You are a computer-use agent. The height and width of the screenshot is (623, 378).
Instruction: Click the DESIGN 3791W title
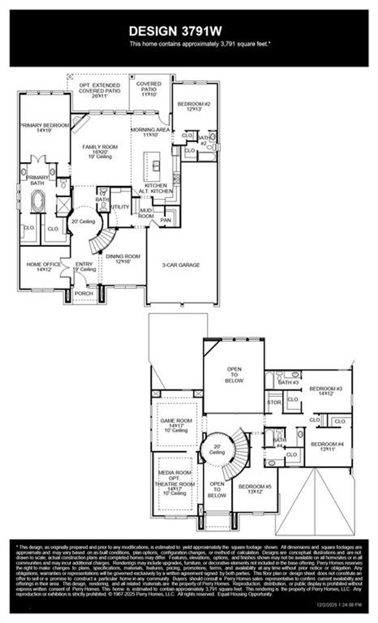pos(175,31)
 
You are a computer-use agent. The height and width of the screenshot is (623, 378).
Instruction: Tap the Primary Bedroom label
pos(45,128)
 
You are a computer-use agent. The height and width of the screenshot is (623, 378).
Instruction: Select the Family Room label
pos(100,151)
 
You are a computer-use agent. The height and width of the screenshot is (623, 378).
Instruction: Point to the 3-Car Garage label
pos(181,265)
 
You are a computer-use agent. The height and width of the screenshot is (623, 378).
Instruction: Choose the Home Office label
pos(44,266)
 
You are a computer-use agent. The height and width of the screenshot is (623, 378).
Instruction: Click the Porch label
pos(84,293)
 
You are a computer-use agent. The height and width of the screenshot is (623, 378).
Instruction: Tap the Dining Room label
pos(123,259)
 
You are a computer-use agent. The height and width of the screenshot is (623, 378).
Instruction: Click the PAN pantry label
pos(165,220)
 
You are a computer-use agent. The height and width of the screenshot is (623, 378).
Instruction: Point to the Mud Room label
pos(146,213)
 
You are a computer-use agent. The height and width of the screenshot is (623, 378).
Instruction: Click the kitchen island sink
pos(156,166)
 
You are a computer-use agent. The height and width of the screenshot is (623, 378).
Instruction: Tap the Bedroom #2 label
pos(194,106)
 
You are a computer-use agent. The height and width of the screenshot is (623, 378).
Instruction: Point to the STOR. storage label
pos(274,402)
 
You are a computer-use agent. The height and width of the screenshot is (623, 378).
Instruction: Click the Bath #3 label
pos(289,382)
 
